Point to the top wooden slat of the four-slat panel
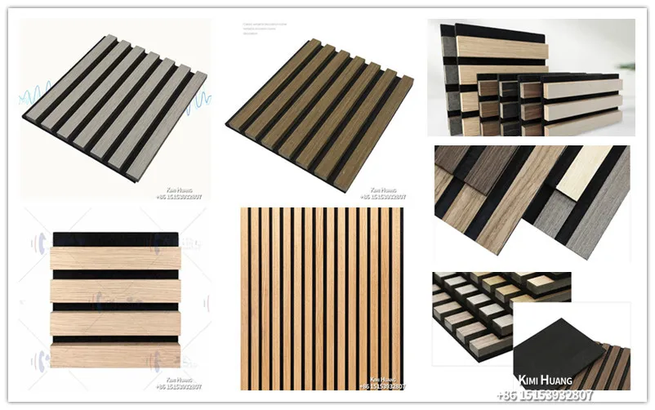(x=114, y=258)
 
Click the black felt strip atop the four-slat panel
(x=114, y=238)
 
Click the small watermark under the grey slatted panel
(x=178, y=194)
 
